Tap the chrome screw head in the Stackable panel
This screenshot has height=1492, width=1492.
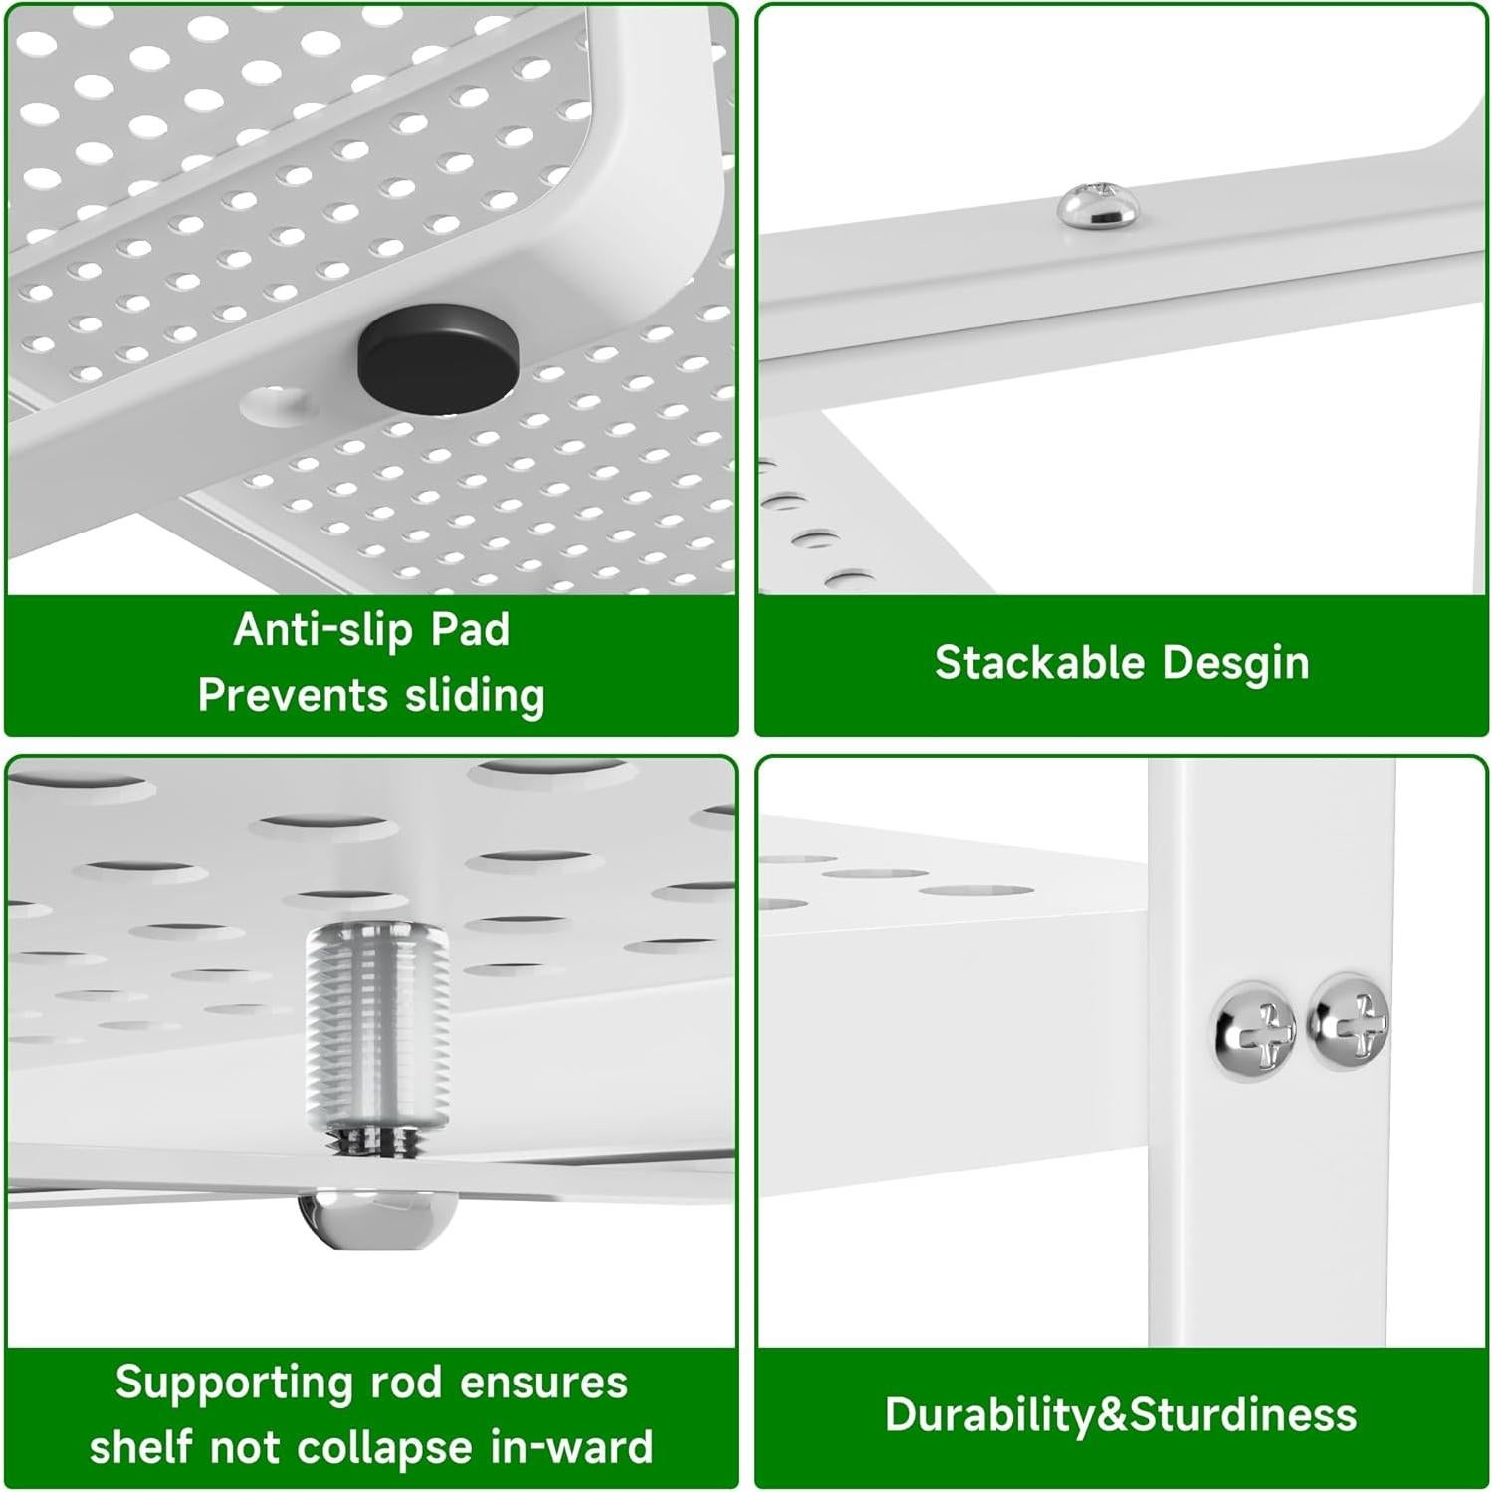click(x=1095, y=204)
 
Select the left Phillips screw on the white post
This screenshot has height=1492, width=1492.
click(x=1256, y=1028)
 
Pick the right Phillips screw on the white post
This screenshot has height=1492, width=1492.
click(x=1349, y=1022)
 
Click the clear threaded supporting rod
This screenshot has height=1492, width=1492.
click(x=377, y=1030)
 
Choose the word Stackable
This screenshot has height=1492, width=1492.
click(x=1039, y=662)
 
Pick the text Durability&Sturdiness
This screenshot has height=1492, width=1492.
click(x=1121, y=1415)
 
